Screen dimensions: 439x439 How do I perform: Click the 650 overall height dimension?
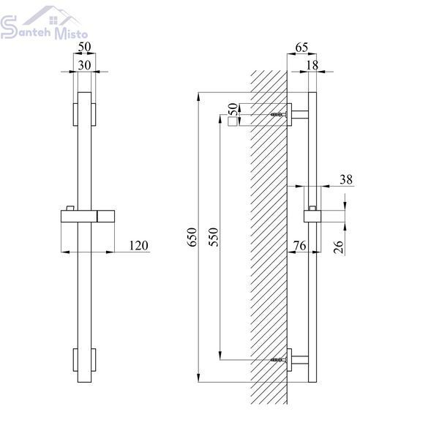192,237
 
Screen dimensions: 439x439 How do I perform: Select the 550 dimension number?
214,237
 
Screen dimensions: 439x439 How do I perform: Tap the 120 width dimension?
138,246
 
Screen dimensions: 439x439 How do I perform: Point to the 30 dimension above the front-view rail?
84,65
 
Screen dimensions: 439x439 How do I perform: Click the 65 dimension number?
301,48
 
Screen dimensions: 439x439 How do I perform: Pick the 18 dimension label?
312,65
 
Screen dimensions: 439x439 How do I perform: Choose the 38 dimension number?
346,179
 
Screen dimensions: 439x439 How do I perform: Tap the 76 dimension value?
299,246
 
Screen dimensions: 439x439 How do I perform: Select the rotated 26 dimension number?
339,247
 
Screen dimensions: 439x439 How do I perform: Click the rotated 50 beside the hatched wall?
233,110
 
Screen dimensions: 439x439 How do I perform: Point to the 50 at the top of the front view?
84,47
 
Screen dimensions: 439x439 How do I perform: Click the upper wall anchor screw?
279,114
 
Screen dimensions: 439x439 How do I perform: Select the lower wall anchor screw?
279,360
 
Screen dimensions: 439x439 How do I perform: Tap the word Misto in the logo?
71,34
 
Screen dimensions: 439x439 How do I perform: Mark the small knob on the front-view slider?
70,208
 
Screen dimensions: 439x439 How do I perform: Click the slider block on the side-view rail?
312,216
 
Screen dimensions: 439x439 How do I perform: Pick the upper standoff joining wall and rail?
300,115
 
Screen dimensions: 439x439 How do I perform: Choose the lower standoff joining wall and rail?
300,360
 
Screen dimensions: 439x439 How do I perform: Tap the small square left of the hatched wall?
233,122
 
